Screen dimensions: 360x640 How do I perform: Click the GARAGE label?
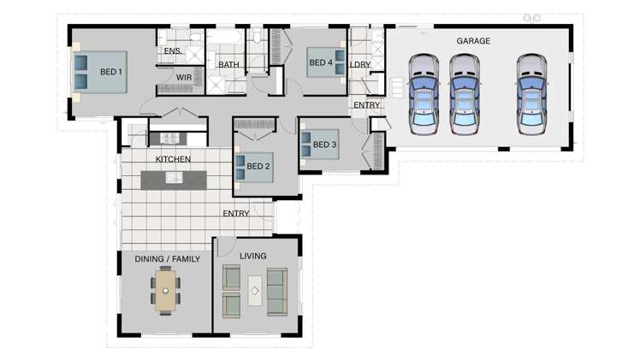[x=472, y=40]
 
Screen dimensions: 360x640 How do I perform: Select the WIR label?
[x=184, y=78]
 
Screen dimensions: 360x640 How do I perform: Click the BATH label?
[x=228, y=65]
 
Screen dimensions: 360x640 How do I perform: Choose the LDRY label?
[x=359, y=64]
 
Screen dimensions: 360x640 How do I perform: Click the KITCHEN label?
[x=173, y=160]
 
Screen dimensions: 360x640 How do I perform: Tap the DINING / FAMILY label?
[x=167, y=258]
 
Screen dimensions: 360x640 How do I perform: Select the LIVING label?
[x=252, y=256]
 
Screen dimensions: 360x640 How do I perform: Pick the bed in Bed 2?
[x=253, y=168]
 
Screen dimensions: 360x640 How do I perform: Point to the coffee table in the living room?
[x=254, y=291]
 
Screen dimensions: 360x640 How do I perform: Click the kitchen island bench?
[x=174, y=178]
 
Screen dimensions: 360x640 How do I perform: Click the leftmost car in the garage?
[x=423, y=95]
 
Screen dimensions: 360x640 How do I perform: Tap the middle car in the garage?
[x=465, y=95]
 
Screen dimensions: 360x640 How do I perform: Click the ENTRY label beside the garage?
[x=366, y=105]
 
